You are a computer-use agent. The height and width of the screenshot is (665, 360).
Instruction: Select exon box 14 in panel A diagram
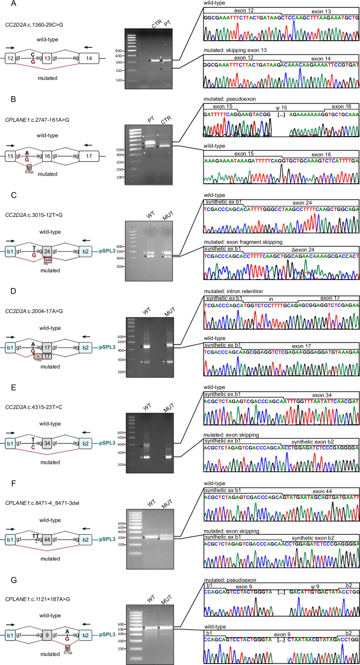pos(84,60)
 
